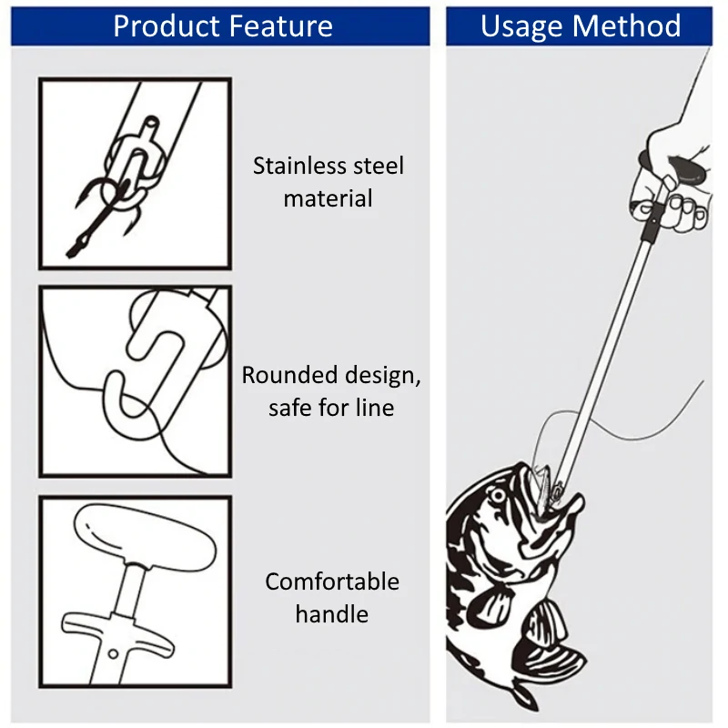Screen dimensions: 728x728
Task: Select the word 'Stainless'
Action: tap(299, 167)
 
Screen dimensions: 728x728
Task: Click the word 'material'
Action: tap(328, 198)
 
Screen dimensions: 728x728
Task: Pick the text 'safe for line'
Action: tap(331, 408)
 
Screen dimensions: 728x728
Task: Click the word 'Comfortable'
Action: tap(332, 581)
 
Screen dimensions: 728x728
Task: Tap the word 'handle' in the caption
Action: tap(331, 614)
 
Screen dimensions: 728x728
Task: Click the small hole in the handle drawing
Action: tap(111, 653)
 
